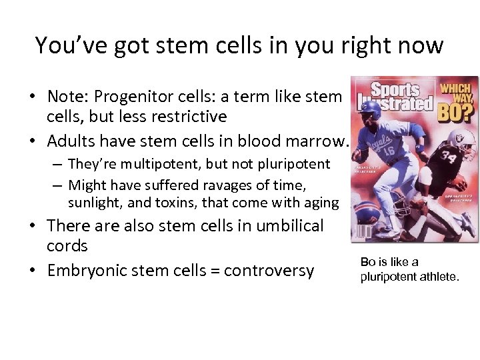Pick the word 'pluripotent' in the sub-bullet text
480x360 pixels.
(x=296, y=164)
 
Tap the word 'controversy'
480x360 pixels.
(x=269, y=271)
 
